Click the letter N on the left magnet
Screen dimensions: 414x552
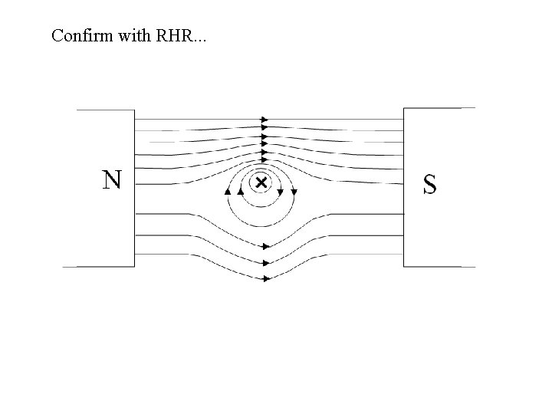pos(112,180)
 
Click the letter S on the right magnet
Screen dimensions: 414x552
pos(430,184)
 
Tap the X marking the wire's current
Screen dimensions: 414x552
pos(261,182)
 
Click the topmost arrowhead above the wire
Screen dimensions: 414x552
pos(264,120)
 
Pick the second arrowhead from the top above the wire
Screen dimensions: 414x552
pos(264,129)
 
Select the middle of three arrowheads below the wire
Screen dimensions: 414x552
pos(265,263)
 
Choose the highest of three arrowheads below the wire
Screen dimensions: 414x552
pos(265,247)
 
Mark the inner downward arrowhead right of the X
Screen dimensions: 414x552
pos(281,191)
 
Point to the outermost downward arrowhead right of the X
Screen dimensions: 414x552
pos(294,191)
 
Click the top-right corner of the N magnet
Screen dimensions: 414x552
pos(135,110)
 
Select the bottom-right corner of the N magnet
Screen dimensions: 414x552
pos(135,266)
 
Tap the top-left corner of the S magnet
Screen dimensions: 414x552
pos(404,109)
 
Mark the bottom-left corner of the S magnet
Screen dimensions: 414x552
pos(404,266)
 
